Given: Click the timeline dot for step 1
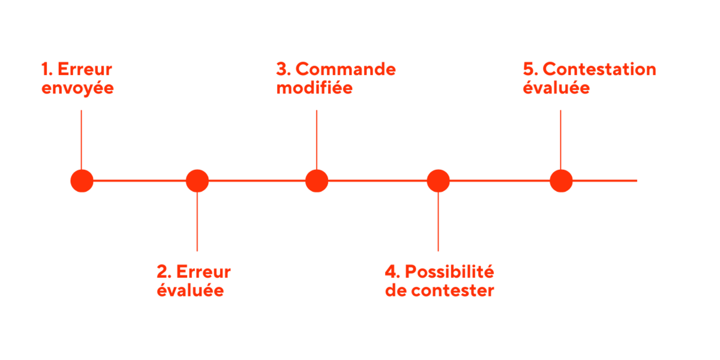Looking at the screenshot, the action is pos(82,181).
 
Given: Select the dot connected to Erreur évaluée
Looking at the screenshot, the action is pos(197,181).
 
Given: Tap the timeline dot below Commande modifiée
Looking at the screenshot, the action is pos(316,181).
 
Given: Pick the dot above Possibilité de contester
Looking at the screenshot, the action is pos(438,181).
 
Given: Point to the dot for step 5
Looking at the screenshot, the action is pos(561,181).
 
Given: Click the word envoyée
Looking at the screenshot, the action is pos(77,89).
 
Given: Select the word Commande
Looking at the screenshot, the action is pos(346,69).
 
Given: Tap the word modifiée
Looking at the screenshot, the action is pos(314,89).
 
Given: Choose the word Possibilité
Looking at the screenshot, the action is pos(449,272).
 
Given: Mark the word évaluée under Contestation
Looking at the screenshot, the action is pos(556,89).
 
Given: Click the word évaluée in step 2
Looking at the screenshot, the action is pos(190,292).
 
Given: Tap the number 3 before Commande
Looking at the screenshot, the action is pos(281,69).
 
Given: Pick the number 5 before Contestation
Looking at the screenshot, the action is pos(529,69).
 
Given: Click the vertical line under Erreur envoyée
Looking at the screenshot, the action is pos(81,138).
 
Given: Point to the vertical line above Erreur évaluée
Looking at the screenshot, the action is pos(197,222).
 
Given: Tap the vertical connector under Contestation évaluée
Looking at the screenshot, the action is pos(560,138).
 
